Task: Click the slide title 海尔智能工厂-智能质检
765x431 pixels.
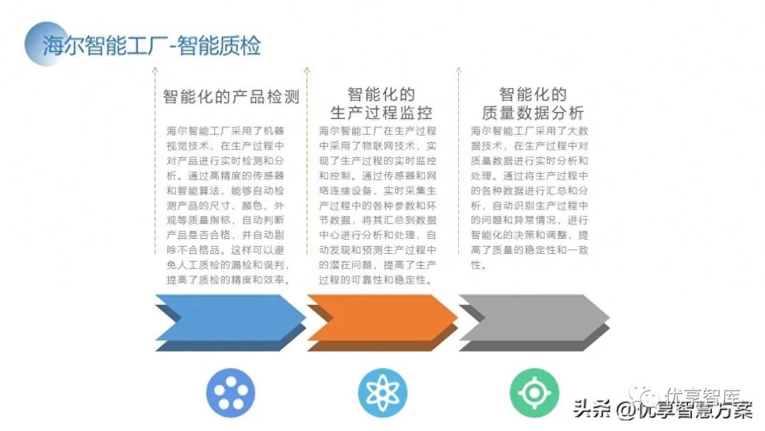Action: click(x=152, y=45)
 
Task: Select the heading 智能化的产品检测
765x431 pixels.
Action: click(x=231, y=96)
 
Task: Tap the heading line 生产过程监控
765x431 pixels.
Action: click(x=381, y=112)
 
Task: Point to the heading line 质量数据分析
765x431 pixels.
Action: click(x=533, y=112)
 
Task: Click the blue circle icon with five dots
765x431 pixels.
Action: click(x=230, y=392)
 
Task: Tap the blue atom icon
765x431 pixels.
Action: click(x=382, y=392)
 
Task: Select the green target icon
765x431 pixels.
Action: click(x=534, y=392)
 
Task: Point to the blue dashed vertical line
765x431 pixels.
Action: click(x=155, y=163)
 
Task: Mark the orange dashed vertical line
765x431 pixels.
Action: click(x=307, y=163)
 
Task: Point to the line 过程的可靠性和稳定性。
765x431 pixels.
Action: click(x=375, y=279)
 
